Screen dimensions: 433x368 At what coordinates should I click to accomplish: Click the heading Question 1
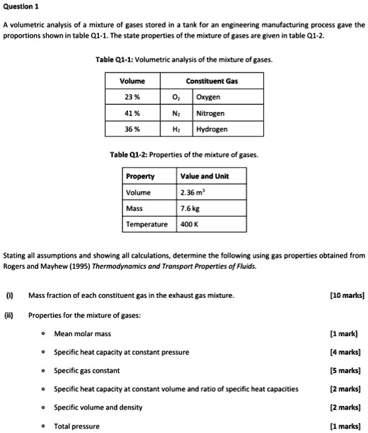click(x=21, y=6)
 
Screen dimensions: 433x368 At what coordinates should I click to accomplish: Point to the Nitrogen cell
click(x=210, y=113)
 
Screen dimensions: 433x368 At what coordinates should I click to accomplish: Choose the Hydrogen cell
click(x=212, y=129)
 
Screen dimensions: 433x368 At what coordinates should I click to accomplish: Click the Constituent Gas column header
click(x=212, y=81)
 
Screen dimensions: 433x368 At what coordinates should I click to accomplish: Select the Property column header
click(x=140, y=177)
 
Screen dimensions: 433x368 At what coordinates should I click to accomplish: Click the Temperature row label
click(x=148, y=224)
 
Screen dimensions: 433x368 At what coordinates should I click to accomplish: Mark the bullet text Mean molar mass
click(x=82, y=333)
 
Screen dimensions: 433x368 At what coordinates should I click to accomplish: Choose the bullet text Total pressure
click(x=77, y=426)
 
